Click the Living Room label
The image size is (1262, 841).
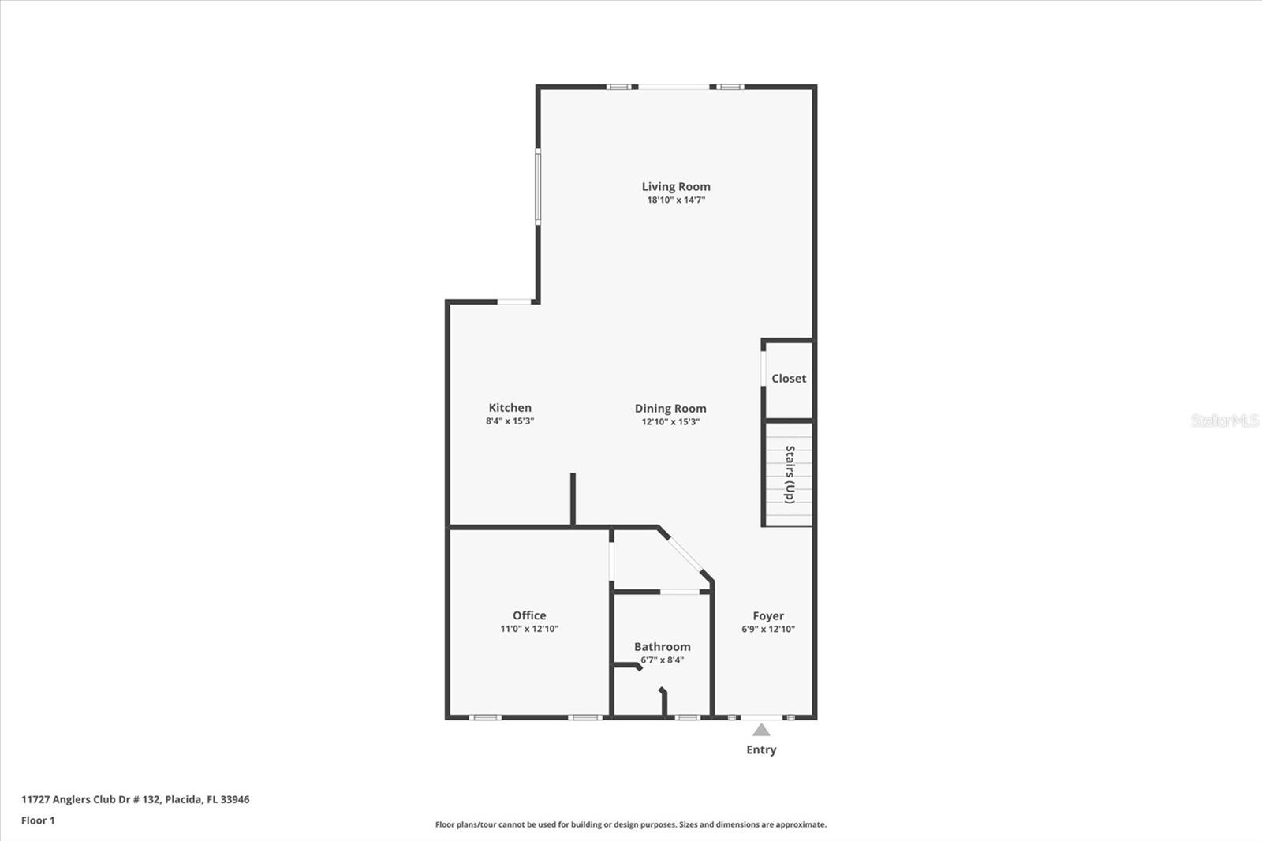pos(676,187)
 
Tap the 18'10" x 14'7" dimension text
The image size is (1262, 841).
pos(676,200)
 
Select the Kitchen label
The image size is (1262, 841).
pos(510,408)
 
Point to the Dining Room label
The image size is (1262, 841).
pos(670,409)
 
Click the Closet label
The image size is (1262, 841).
pos(789,379)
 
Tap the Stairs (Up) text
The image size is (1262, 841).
pos(790,474)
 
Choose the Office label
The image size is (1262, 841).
pos(529,615)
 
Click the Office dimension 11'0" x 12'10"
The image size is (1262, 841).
pos(529,629)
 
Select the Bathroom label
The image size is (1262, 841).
pos(663,647)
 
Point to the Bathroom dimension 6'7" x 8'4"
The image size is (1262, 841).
pos(663,660)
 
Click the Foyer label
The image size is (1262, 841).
pos(768,616)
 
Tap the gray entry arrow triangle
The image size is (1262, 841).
pos(761,731)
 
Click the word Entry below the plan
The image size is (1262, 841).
pos(761,750)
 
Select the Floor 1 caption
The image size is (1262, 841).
pos(38,820)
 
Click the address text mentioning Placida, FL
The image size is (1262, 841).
pos(136,799)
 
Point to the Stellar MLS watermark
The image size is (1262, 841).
pos(1225,420)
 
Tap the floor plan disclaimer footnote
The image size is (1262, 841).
pos(631,824)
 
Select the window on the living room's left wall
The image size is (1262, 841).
pos(539,188)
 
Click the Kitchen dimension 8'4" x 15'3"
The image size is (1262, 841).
pos(510,421)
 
